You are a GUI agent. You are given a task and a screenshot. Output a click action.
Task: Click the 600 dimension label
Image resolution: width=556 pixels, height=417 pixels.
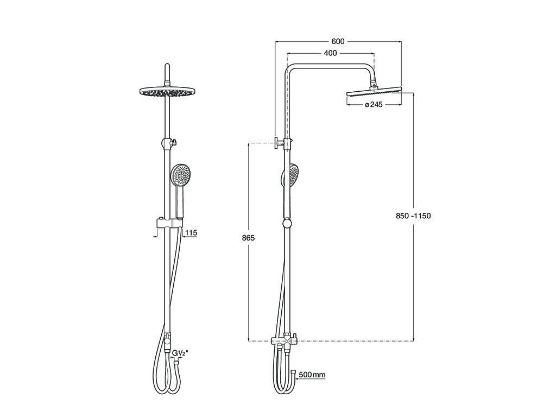[338, 41]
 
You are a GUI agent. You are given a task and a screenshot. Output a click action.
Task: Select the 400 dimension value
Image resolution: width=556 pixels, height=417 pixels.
[331, 53]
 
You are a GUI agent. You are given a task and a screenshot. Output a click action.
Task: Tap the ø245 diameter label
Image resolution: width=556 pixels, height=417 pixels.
[374, 105]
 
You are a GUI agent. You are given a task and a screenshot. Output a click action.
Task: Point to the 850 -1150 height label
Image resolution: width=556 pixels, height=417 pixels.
[413, 216]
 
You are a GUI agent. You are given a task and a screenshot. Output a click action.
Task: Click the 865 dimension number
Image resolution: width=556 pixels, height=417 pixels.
[248, 238]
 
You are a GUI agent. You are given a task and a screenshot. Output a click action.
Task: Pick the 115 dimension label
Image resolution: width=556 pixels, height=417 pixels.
[191, 233]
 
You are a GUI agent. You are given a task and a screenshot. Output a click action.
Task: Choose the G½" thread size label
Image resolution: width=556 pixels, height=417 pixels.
[180, 353]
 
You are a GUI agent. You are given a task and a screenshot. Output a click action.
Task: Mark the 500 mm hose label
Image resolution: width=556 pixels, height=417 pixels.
[312, 375]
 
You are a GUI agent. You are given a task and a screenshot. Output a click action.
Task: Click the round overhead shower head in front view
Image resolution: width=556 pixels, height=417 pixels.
[166, 91]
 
